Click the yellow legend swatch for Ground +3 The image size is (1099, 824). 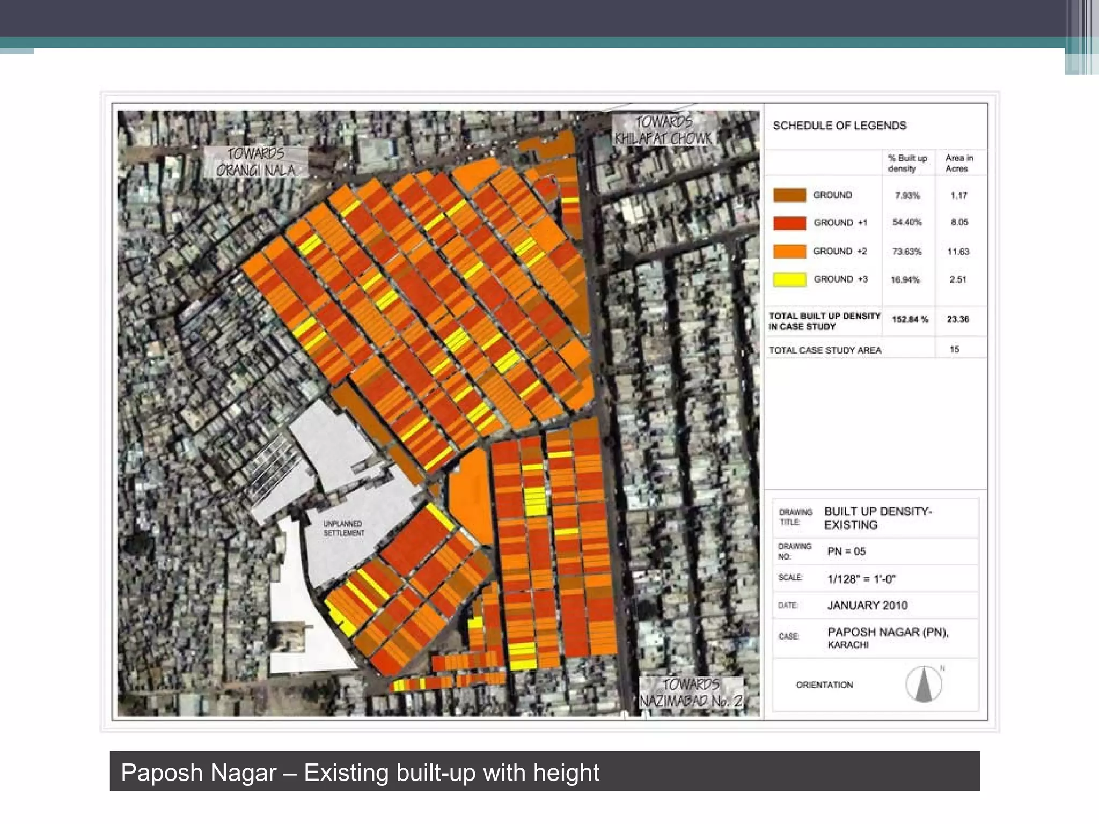789,279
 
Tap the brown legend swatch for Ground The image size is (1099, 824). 789,195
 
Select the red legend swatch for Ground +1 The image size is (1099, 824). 789,223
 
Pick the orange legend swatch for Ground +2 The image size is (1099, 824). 789,251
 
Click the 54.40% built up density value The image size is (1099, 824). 907,223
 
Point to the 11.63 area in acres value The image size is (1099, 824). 958,252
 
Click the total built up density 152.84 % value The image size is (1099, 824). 910,320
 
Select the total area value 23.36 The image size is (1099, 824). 958,320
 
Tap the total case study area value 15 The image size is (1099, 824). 955,350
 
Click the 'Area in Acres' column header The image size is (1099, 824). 958,163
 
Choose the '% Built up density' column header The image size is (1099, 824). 907,163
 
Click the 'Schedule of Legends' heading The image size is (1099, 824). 839,126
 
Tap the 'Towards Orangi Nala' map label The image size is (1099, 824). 256,162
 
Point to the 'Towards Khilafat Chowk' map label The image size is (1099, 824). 664,130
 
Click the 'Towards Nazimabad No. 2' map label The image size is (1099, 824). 691,693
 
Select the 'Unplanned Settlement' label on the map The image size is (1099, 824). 343,528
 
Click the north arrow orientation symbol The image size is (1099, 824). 924,685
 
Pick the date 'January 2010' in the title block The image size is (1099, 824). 867,606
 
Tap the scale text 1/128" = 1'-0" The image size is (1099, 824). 861,579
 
